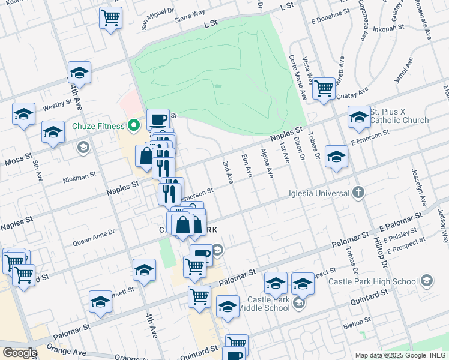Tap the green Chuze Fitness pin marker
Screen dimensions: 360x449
pos(134,126)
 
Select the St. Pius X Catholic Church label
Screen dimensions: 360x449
pos(399,116)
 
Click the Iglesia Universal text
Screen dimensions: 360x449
pos(319,193)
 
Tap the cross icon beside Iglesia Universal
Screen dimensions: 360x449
pos(358,193)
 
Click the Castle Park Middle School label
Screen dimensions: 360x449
pos(264,304)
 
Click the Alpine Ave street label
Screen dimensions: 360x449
pos(266,164)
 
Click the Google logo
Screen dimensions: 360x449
pos(19,353)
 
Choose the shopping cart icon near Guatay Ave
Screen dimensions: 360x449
pos(324,88)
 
